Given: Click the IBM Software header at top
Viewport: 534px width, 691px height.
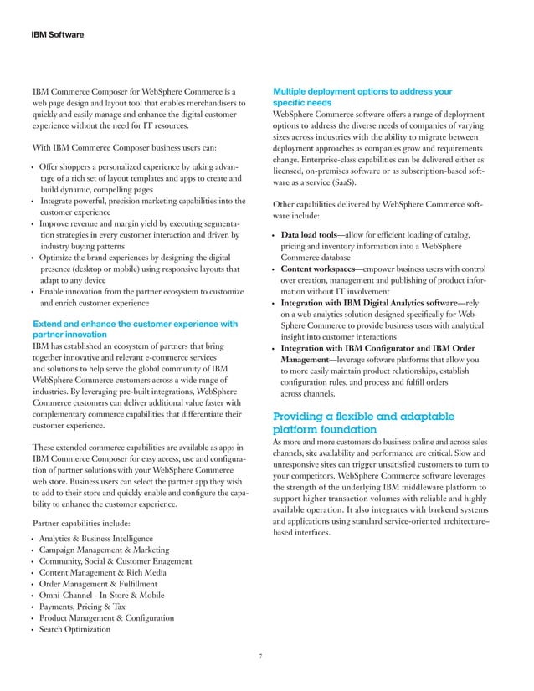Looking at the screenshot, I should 60,35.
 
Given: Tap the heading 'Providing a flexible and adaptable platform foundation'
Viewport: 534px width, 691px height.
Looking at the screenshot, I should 364,422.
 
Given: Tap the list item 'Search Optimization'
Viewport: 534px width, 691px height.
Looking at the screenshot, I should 75,629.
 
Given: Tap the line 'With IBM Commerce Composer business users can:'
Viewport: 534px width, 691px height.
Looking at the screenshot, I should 122,151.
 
